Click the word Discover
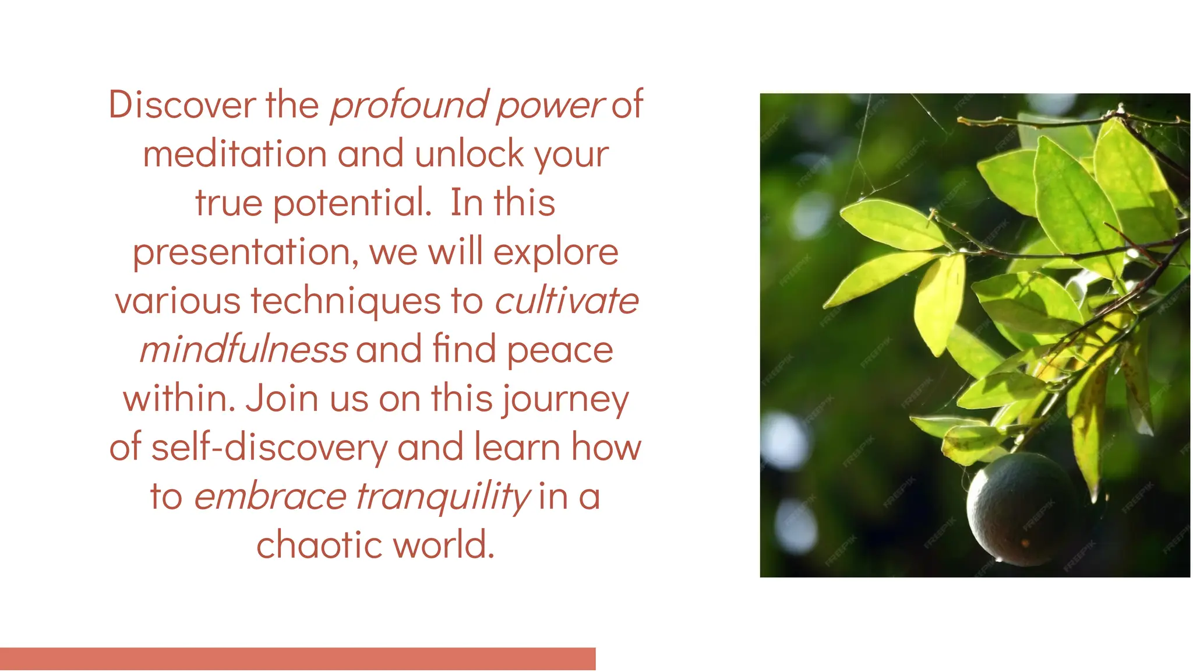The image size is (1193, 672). click(182, 105)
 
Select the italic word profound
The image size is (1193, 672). click(408, 106)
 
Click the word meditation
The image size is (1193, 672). click(235, 154)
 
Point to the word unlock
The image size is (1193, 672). click(469, 154)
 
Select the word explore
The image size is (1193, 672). click(556, 253)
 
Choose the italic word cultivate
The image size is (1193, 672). click(566, 301)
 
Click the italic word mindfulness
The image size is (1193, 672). click(243, 350)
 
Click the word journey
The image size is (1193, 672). click(565, 400)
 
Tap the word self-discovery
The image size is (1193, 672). click(269, 448)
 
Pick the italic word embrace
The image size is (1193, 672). click(270, 497)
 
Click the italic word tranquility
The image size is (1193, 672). click(443, 498)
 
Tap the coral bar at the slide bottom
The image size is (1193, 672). click(298, 659)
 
